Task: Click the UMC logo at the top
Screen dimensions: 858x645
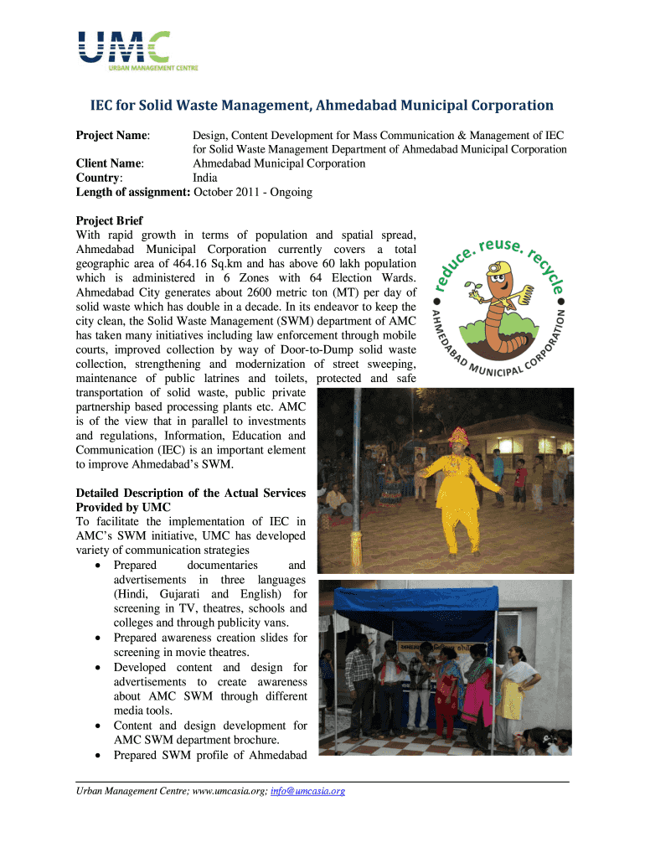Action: point(126,51)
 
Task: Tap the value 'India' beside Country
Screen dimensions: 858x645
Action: point(205,178)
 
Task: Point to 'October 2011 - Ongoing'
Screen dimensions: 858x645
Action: point(253,192)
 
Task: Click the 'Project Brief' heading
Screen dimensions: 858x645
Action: point(109,221)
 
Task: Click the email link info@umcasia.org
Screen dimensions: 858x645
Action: point(307,790)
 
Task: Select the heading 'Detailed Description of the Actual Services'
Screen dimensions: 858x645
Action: point(191,493)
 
